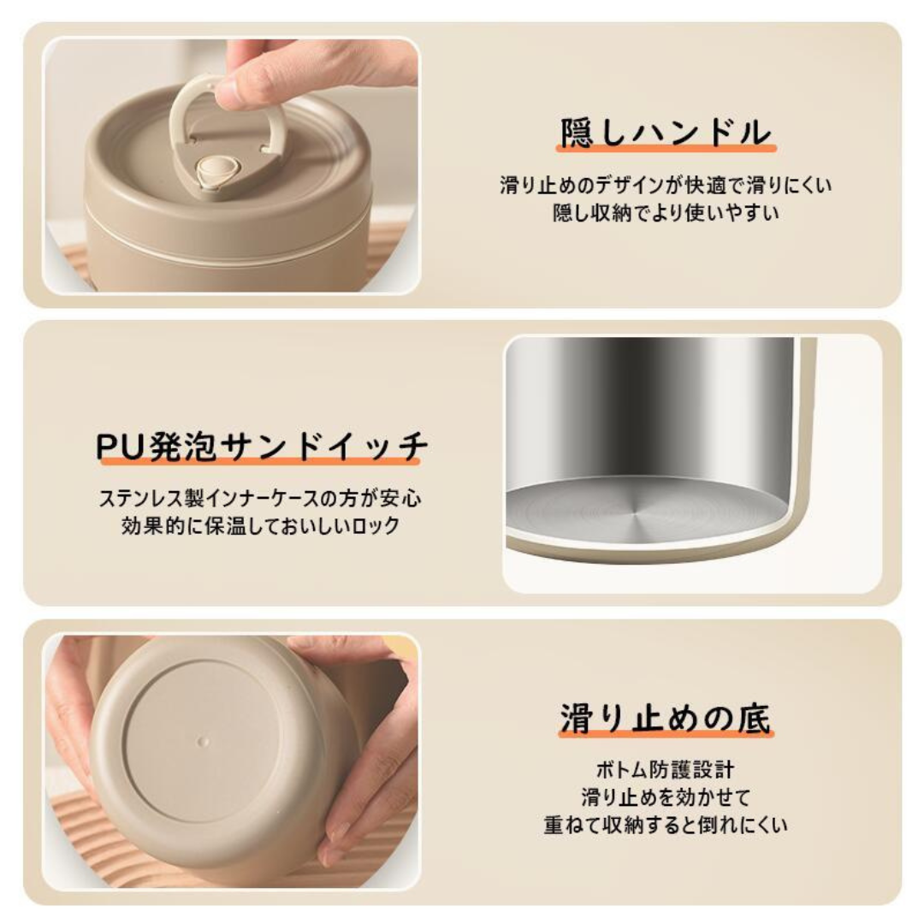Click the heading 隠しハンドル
666,133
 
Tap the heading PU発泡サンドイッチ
261,447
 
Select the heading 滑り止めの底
666,719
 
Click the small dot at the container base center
203,737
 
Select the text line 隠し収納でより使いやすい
666,213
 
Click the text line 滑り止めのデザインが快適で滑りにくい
666,185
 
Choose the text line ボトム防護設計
666,770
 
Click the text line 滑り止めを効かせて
666,797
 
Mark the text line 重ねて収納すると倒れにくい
666,826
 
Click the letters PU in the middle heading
120,447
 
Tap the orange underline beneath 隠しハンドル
666,150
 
